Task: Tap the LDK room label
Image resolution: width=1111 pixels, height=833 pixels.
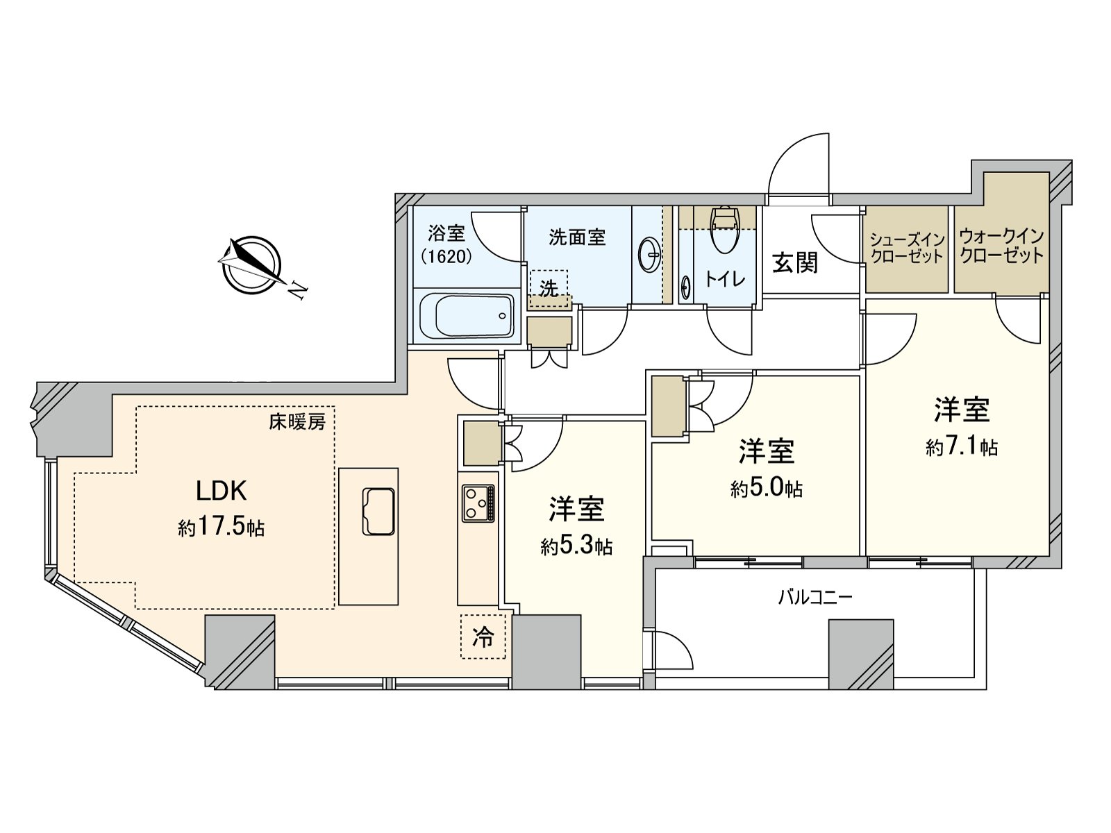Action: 222,491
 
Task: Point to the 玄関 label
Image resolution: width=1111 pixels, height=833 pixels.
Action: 795,262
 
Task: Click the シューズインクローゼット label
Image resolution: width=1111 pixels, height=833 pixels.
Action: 907,249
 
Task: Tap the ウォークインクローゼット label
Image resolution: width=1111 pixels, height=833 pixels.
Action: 1001,246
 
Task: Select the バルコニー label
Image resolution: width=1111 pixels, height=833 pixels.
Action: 815,597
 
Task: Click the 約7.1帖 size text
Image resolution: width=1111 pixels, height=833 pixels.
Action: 961,448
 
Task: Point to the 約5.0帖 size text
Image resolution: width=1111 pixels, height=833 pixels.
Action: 766,489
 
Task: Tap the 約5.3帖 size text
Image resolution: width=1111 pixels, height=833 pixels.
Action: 576,547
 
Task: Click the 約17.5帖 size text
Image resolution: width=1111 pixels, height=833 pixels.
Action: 221,528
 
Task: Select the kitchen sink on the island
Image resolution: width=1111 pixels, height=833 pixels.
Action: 378,511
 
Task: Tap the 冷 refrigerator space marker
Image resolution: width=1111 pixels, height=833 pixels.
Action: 483,637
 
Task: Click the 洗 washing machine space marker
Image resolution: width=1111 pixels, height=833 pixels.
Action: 549,289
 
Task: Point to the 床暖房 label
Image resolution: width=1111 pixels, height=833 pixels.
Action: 297,421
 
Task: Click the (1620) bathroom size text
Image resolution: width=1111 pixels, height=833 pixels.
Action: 446,256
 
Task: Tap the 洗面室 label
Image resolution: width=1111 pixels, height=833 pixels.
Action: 577,237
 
